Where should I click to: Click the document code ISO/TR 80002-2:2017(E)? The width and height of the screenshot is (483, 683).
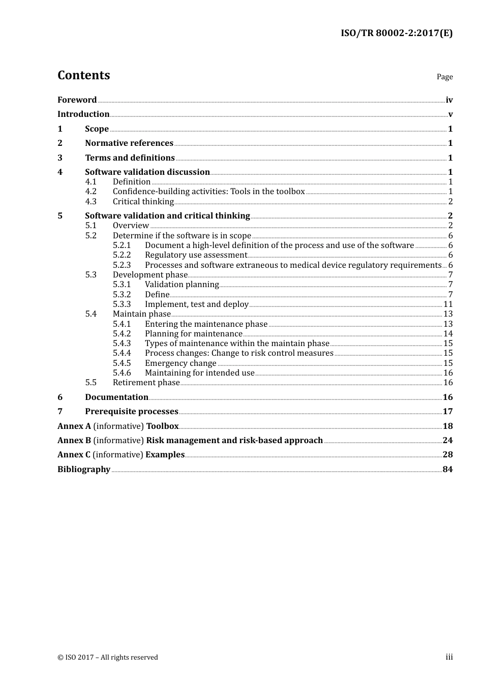click(x=396, y=34)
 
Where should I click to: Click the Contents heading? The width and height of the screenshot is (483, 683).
click(x=83, y=75)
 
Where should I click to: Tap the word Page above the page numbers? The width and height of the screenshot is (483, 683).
click(x=444, y=77)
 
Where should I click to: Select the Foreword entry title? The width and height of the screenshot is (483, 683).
click(x=77, y=100)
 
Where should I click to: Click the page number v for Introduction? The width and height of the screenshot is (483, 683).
click(x=450, y=114)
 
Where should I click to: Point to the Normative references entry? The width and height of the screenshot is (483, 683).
click(x=129, y=143)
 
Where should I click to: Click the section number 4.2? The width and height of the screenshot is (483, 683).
click(x=90, y=192)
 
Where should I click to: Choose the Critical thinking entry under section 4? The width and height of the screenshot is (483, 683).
click(x=143, y=202)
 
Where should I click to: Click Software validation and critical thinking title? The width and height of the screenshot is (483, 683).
click(x=167, y=216)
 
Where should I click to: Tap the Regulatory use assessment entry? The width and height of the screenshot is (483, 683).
click(x=196, y=255)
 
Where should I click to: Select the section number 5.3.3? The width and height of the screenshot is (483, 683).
click(x=122, y=304)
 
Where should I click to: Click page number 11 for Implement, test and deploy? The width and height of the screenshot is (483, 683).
click(x=448, y=304)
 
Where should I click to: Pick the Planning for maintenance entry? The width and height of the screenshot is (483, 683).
click(x=193, y=334)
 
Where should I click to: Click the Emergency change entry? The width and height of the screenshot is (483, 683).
click(x=180, y=363)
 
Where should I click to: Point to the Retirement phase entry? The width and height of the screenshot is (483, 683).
click(x=146, y=383)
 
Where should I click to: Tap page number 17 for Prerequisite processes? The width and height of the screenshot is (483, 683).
click(x=447, y=412)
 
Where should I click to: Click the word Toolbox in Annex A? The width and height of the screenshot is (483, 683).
click(x=162, y=426)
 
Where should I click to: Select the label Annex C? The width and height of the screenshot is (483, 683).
click(x=74, y=455)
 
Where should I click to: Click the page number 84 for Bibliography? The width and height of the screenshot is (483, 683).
click(x=447, y=470)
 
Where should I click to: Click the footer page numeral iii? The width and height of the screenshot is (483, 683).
click(x=449, y=657)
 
